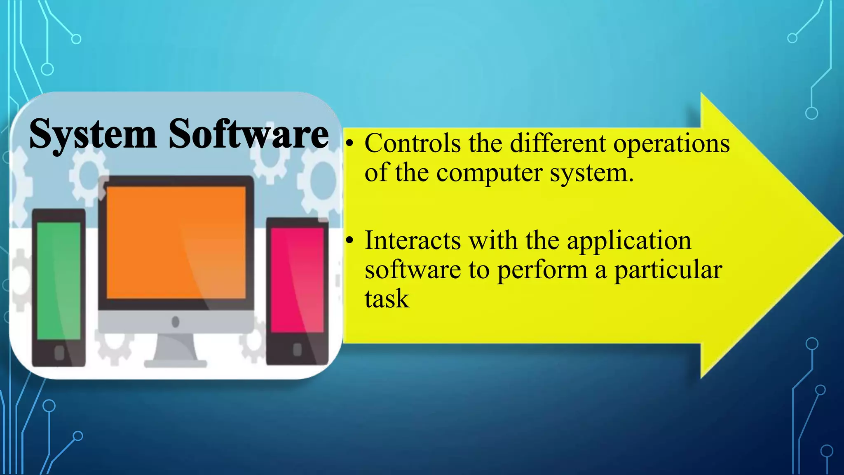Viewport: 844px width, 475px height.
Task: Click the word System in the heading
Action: [93, 134]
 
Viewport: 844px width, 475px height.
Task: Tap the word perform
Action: [542, 270]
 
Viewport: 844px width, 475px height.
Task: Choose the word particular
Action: [668, 270]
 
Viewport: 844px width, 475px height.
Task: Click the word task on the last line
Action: [387, 299]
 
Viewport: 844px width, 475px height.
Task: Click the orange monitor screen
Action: [176, 243]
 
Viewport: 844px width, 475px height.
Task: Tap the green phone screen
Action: [59, 280]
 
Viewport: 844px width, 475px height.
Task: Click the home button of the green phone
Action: [59, 353]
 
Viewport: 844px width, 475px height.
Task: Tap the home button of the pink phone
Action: [297, 350]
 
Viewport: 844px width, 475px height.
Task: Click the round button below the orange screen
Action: [176, 322]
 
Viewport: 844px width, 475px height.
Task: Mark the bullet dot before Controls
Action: [349, 144]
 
